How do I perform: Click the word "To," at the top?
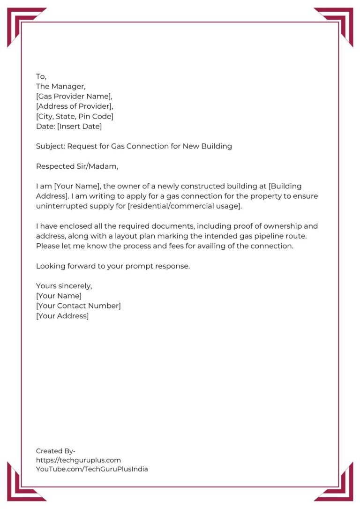[41, 76]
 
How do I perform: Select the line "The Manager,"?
[61, 86]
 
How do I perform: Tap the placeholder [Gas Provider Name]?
[74, 96]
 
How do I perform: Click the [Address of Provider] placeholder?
[74, 106]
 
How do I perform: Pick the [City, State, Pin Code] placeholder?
[75, 116]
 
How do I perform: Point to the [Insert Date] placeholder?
[79, 126]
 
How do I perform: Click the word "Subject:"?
[50, 146]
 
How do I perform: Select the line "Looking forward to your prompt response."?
[113, 266]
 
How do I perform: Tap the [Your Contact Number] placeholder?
[78, 306]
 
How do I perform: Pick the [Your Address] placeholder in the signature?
[62, 316]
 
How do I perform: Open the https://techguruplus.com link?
[78, 460]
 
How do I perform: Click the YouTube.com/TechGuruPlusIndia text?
[92, 469]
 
